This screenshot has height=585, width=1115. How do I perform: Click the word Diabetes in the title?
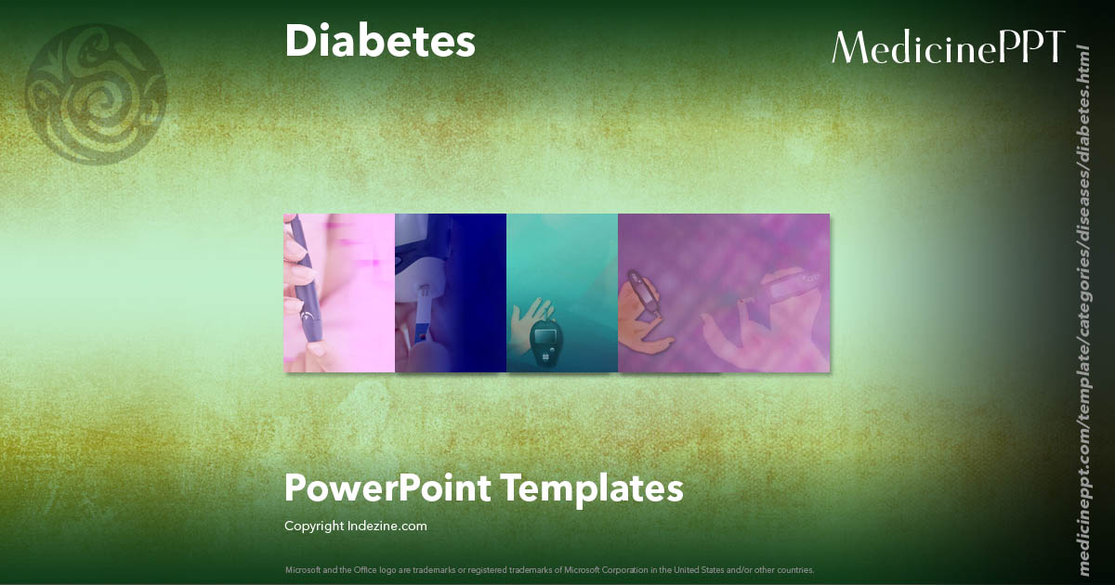(379, 41)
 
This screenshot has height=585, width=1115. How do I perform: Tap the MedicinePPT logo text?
(948, 47)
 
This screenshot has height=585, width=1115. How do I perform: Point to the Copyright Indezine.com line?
(355, 526)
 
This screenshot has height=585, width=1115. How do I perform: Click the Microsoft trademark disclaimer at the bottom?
(549, 569)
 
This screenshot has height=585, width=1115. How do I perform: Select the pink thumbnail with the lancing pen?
(339, 292)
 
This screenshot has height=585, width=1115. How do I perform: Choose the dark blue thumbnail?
(451, 292)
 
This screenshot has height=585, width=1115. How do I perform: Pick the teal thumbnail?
(562, 292)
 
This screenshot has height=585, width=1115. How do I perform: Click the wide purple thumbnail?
(724, 292)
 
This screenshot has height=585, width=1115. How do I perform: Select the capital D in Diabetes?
(299, 41)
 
